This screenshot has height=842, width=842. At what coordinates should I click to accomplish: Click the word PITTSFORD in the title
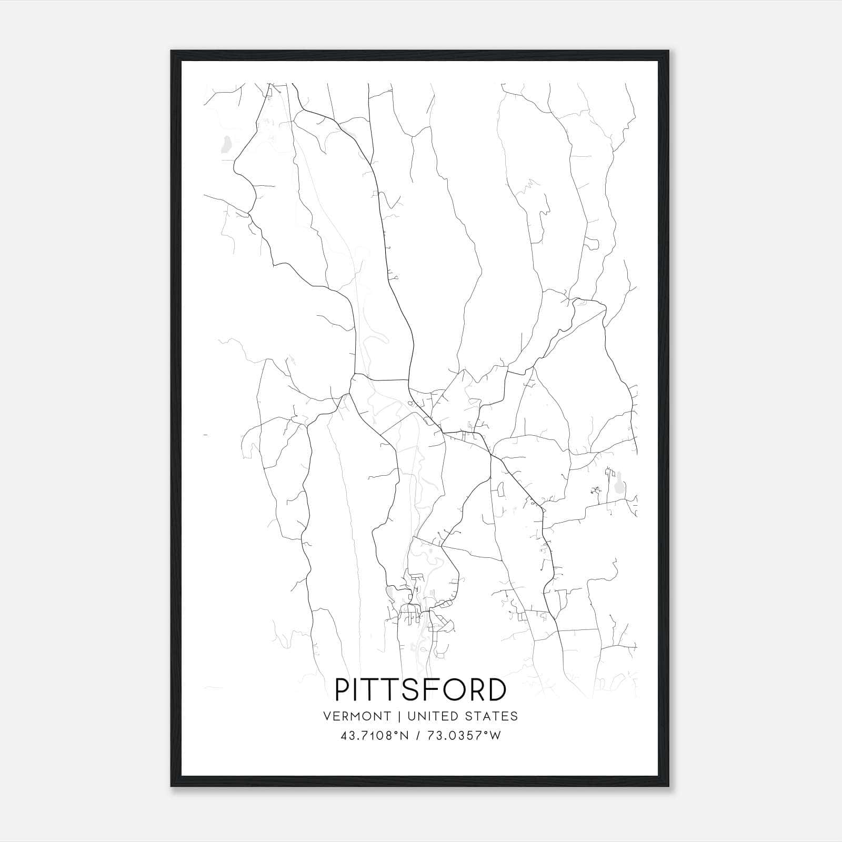[x=420, y=690]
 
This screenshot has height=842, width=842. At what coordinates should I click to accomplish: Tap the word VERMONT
[x=357, y=716]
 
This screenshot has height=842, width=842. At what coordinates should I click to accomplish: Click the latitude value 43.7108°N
[x=375, y=736]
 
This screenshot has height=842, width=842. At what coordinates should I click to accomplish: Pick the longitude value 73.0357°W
[x=464, y=736]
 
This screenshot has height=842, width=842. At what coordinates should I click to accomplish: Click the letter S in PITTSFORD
[x=416, y=690]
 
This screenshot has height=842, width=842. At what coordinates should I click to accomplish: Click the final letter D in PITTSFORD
[x=498, y=690]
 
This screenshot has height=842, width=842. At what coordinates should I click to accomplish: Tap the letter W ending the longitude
[x=495, y=736]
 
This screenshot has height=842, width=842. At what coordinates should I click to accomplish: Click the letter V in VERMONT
[x=327, y=716]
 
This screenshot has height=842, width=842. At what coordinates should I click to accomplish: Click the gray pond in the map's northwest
[x=226, y=144]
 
